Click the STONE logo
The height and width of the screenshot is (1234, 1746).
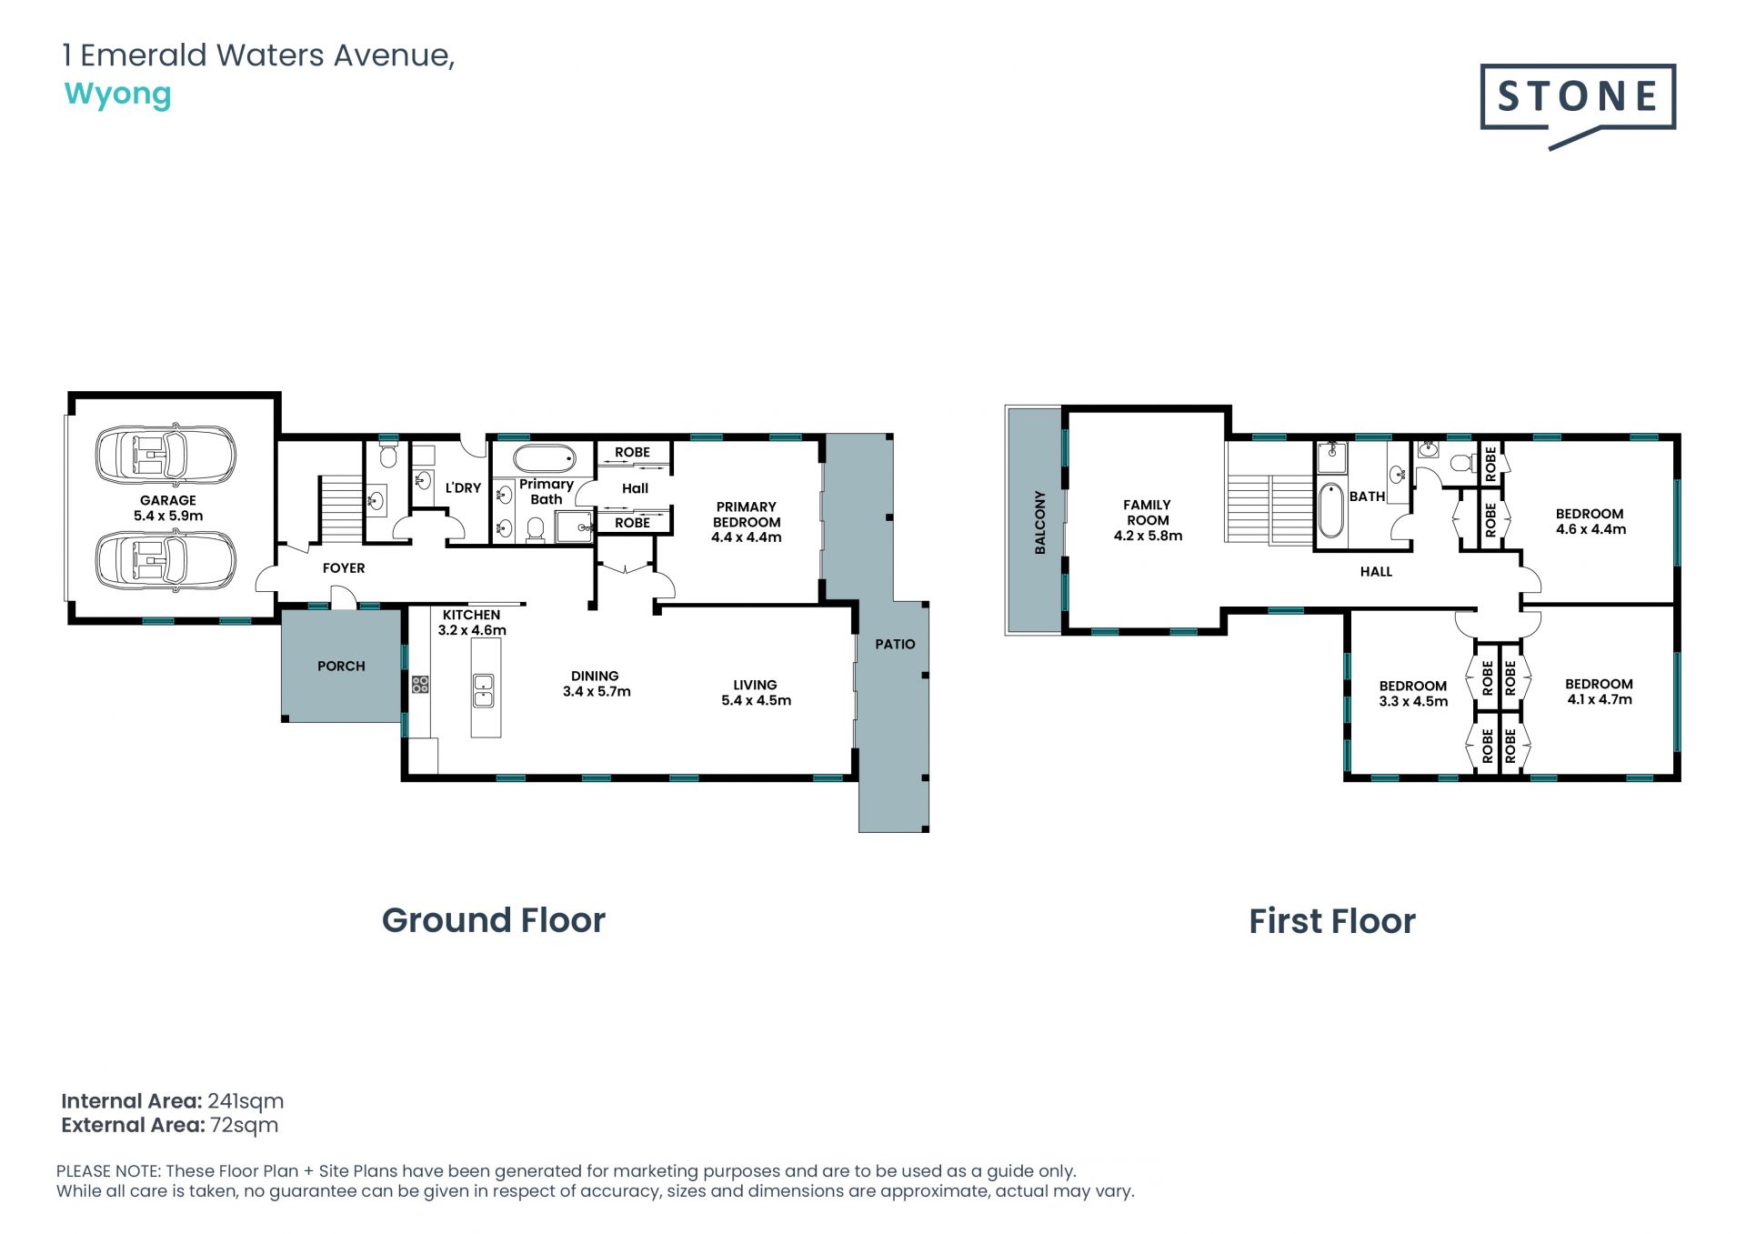1578,105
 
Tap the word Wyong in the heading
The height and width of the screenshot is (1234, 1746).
117,95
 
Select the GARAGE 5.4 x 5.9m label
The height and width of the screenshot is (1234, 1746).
168,507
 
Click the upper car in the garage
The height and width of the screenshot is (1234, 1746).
166,452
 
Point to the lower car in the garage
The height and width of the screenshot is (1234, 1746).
166,560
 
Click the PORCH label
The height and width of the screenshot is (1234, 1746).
341,666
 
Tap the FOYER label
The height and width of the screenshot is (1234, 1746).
344,567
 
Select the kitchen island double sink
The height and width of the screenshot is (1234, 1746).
483,690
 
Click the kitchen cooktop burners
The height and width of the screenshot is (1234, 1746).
419,684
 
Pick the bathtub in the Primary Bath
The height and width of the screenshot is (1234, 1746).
544,457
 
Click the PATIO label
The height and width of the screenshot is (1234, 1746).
895,644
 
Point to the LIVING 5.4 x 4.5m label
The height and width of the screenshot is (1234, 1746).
756,692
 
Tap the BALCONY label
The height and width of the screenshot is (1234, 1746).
1039,522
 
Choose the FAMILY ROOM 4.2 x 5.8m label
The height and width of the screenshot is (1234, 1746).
1148,520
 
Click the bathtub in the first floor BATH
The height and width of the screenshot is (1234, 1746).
1330,510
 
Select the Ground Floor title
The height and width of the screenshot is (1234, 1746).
494,920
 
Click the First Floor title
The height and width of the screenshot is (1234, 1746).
1332,921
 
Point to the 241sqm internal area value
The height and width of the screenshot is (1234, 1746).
246,1101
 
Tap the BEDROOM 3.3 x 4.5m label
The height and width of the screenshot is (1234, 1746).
1413,694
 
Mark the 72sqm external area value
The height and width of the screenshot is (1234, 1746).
244,1125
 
